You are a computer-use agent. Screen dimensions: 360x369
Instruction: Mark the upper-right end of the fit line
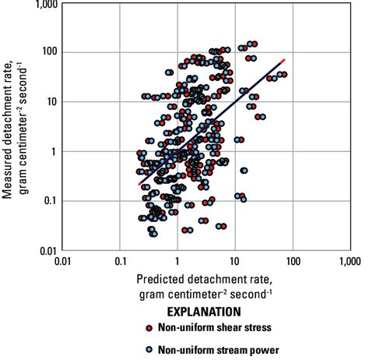coord(284,60)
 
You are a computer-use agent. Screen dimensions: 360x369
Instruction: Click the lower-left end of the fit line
coord(139,184)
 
